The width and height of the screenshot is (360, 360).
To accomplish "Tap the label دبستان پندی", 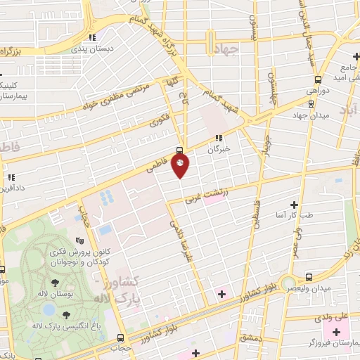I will coord(94,49).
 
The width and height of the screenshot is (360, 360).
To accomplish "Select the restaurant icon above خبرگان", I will coord(219,138).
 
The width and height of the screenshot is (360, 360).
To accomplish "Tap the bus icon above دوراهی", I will coord(319,79).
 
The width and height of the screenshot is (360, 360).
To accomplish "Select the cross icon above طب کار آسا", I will coord(294,204).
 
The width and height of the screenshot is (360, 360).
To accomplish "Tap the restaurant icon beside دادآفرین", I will coord(11,177).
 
